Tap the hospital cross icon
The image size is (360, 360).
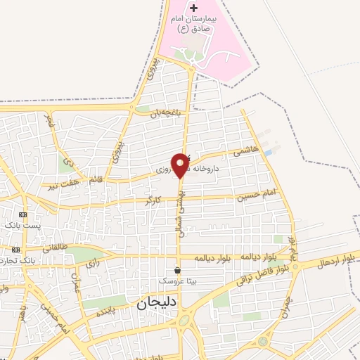[x=195, y=8]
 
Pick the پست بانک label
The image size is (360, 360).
[x=21, y=225]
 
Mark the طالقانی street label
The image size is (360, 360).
[x=55, y=247]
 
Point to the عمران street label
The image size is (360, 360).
[x=77, y=285]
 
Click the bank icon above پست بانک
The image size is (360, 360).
[x=23, y=214]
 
